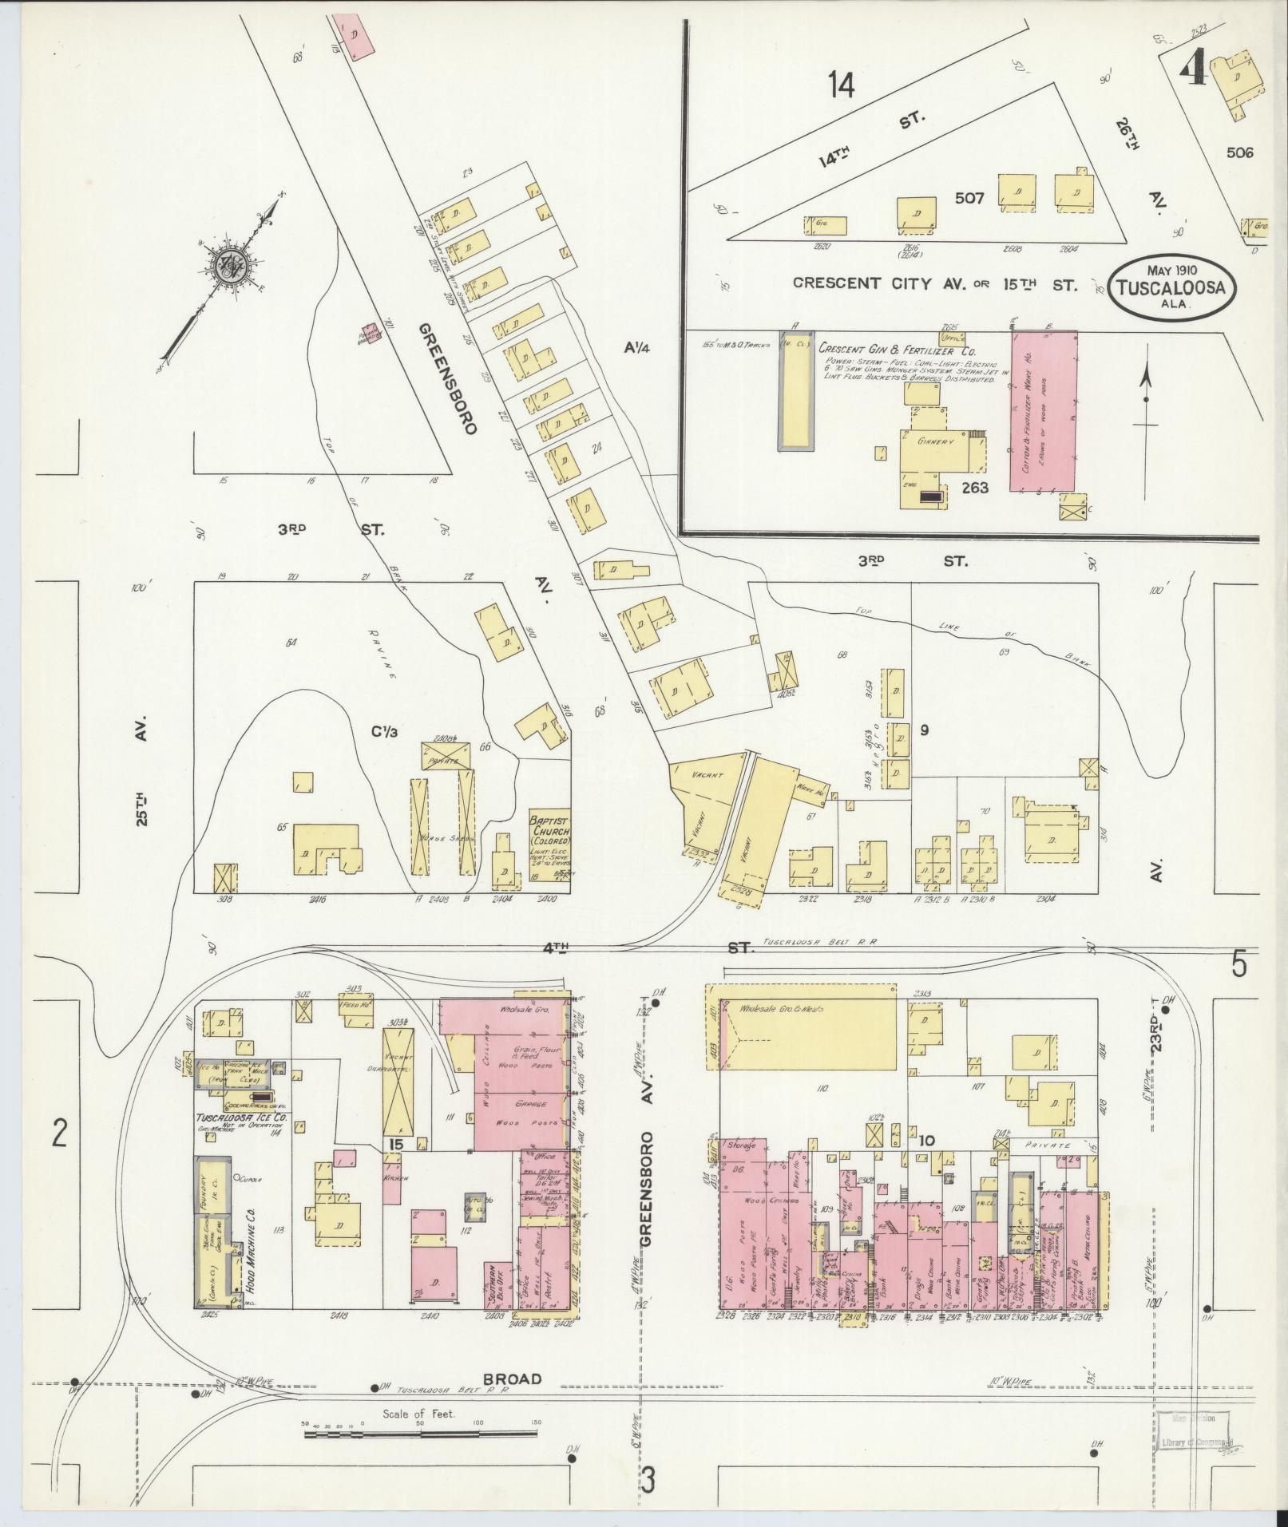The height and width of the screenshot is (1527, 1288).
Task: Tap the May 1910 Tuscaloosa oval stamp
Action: coord(1171,288)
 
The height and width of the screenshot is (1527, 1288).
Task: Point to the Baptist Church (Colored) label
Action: coord(550,830)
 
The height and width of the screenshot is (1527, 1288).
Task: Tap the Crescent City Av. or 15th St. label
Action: coord(934,283)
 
